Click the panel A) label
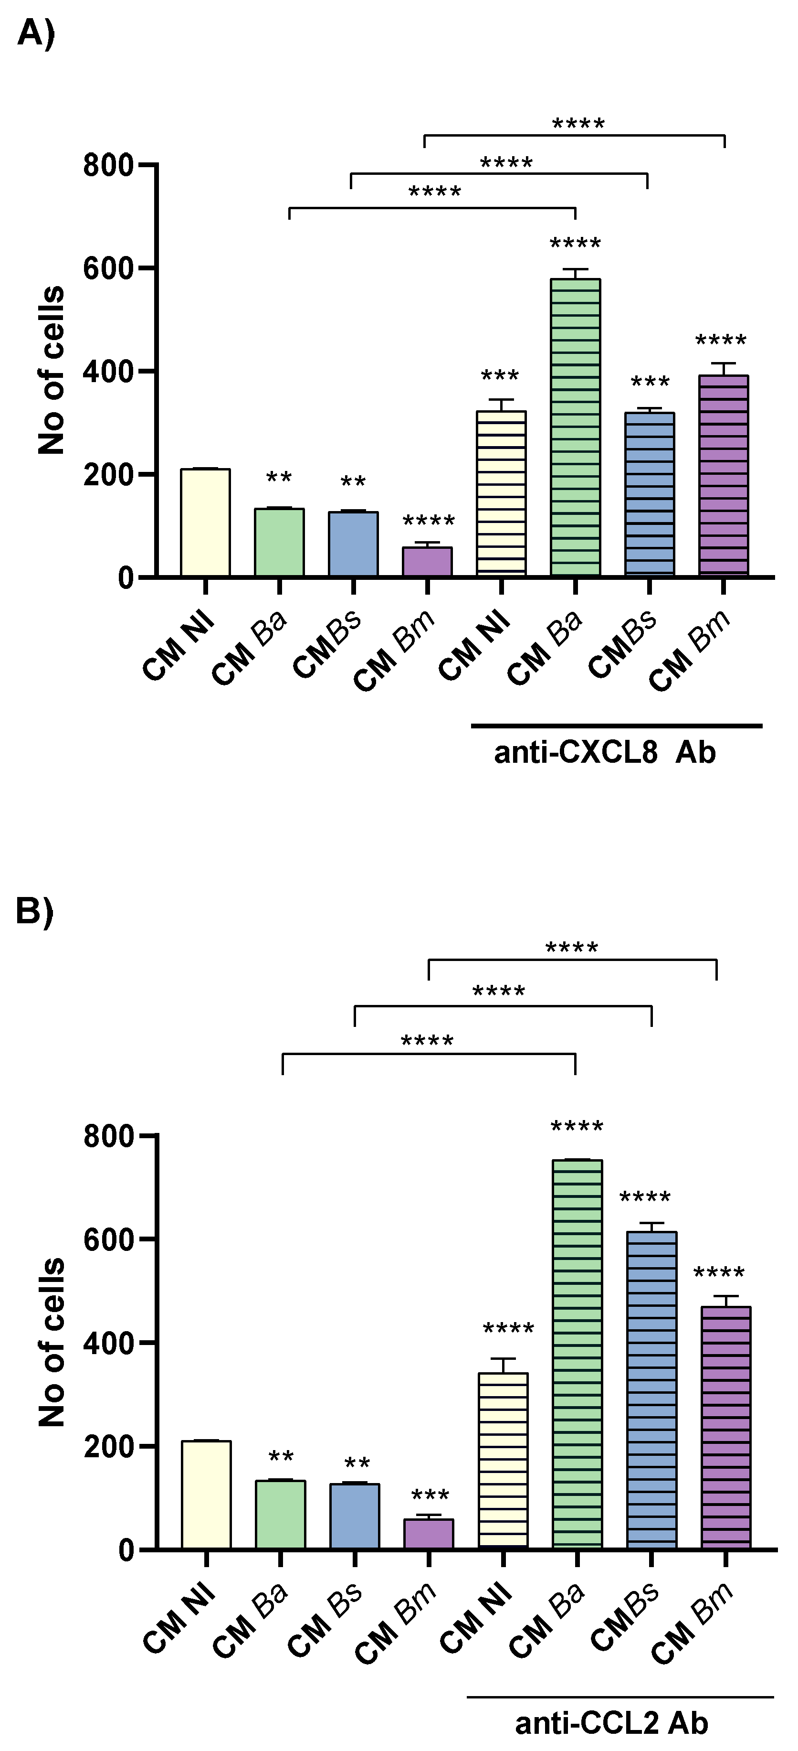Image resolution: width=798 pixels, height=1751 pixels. click(35, 32)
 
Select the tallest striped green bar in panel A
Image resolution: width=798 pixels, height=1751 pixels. click(575, 427)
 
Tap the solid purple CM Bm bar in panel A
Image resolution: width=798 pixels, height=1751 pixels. click(427, 562)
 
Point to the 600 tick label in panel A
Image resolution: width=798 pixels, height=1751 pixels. click(108, 268)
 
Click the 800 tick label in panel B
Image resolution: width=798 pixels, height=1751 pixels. click(108, 1136)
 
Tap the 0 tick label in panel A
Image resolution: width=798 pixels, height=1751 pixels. click(125, 578)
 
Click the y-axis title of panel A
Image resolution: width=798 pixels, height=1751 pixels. click(51, 371)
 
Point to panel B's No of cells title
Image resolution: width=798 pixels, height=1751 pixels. click(51, 1343)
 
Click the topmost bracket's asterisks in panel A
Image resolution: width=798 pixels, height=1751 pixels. click(578, 124)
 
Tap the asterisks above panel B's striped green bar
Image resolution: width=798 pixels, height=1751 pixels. click(577, 1127)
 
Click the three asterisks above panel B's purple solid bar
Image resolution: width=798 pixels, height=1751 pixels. click(430, 1495)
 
